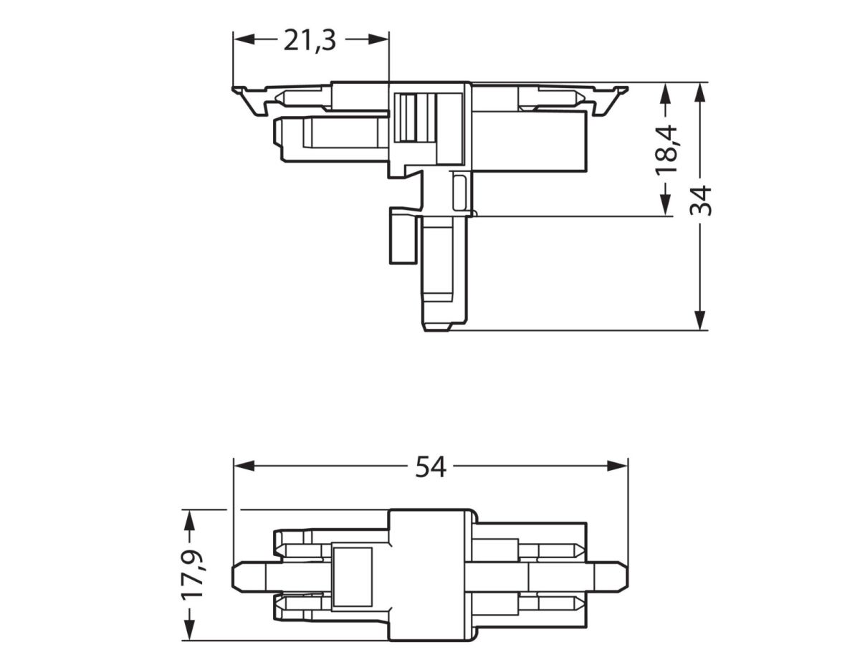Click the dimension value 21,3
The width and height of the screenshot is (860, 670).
310,41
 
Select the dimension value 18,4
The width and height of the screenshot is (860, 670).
666,148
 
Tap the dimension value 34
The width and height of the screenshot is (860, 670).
701,200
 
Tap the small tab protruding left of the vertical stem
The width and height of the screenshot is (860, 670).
403,237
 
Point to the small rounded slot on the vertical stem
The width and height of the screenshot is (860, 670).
459,191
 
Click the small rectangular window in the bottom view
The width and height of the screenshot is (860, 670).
353,577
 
